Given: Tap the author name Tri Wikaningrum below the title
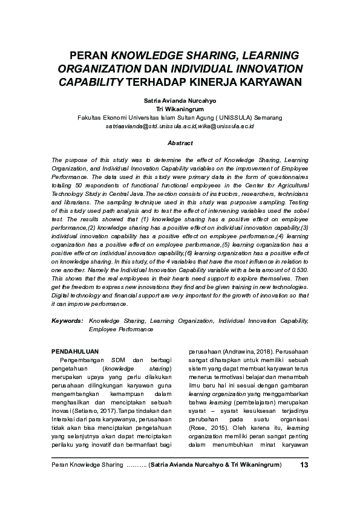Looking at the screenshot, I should tap(180, 109).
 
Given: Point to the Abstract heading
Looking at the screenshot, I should tap(180, 143).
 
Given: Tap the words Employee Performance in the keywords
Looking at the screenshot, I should tap(121, 329).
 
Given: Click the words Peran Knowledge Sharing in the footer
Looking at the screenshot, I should tap(87, 464).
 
